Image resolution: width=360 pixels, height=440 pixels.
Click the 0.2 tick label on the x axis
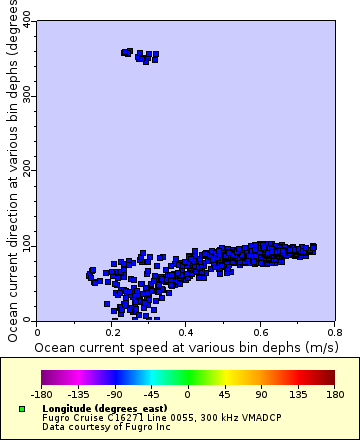[111, 329]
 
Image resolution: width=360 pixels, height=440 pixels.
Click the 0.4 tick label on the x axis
[186, 329]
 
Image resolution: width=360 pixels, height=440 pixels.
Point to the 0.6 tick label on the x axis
[260, 329]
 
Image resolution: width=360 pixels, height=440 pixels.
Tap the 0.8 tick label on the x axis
[334, 329]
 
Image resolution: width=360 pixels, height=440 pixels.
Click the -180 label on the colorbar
[42, 395]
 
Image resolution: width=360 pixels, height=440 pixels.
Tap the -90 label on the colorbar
[115, 395]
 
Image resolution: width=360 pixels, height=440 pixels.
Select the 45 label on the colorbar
[224, 395]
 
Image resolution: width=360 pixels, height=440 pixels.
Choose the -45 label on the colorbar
[152, 395]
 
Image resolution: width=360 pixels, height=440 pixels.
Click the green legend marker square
[22, 410]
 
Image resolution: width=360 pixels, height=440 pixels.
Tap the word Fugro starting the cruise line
[54, 418]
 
